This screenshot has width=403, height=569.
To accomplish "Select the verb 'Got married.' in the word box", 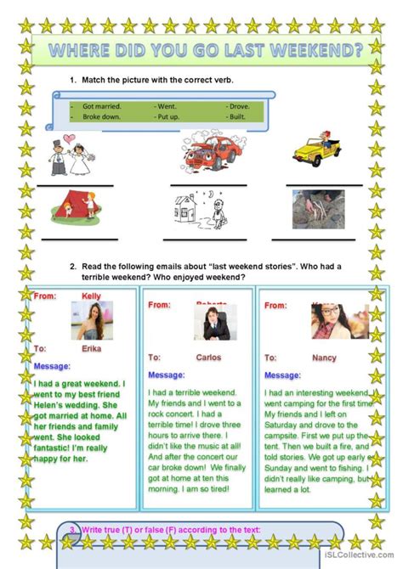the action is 102,106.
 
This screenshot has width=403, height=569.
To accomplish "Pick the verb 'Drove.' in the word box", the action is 238,106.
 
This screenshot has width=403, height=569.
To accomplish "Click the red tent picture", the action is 74,206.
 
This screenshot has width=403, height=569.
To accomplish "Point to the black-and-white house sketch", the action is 197,207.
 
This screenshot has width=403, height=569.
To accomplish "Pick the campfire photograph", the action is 318,208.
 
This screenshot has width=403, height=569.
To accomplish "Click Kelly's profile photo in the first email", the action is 92,320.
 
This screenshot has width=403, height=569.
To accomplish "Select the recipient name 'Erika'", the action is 92,348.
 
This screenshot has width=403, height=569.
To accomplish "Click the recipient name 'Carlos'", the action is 208,358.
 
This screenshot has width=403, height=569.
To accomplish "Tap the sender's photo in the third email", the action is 326,320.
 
